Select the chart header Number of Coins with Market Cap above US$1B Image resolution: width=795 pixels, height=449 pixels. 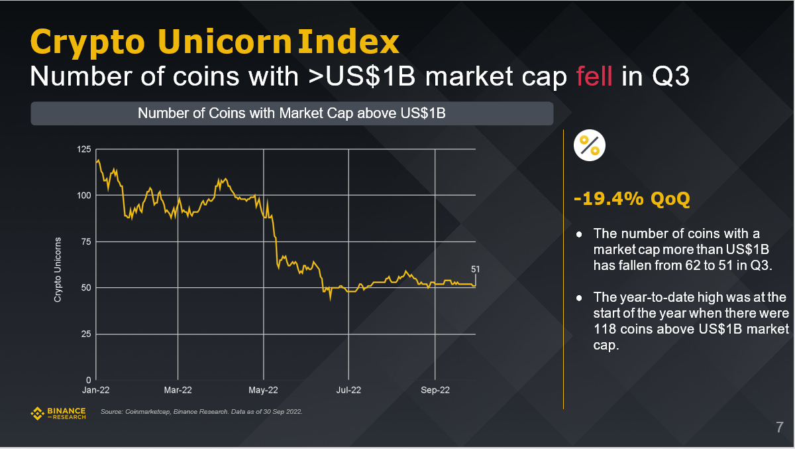291,113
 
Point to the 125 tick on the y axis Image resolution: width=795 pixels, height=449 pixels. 84,149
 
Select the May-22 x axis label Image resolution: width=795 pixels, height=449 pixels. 263,390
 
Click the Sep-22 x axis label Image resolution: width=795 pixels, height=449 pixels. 434,390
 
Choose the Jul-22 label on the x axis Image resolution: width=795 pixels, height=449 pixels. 348,390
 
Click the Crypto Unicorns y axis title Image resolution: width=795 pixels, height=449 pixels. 58,270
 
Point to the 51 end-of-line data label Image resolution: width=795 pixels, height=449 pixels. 475,269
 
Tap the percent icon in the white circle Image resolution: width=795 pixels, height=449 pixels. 589,145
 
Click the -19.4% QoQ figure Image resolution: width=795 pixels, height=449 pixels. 632,199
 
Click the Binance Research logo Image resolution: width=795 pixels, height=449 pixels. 58,413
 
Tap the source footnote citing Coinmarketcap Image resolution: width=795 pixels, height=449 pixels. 201,413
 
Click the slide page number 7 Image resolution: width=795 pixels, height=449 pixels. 779,427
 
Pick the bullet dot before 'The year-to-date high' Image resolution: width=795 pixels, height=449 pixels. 580,297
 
